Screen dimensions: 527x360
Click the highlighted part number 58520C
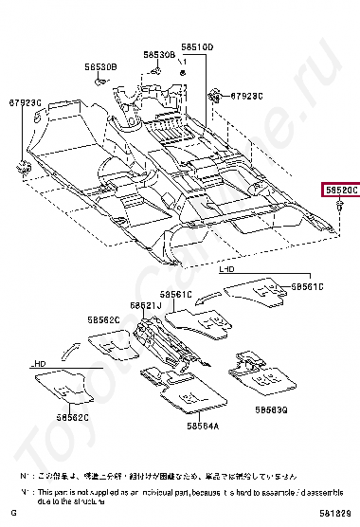coord(340,190)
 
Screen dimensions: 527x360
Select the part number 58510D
coord(198,46)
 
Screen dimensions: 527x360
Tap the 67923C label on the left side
coord(27,101)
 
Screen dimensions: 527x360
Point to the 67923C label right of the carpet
coord(248,96)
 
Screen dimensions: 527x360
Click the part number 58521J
coord(146,306)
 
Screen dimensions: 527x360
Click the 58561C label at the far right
coord(307,285)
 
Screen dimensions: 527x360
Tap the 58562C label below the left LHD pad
coord(72,417)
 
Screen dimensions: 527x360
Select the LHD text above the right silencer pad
coord(227,270)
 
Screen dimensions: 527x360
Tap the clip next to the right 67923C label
coord(217,95)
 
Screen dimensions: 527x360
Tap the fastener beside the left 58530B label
coord(99,82)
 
